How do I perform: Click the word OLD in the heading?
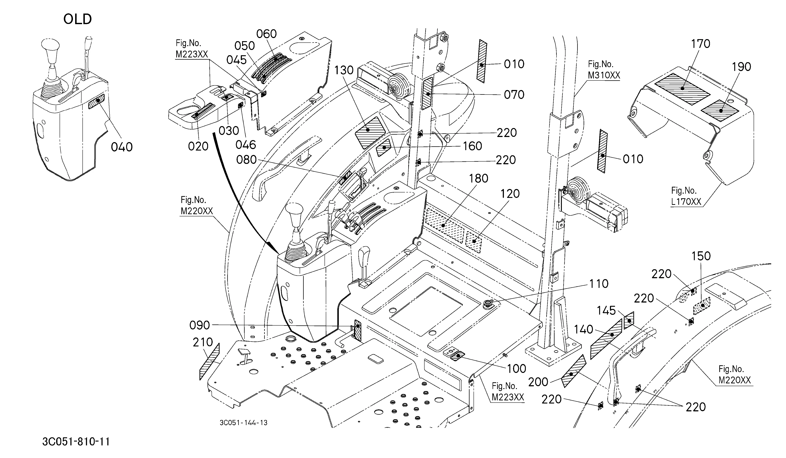coord(78,19)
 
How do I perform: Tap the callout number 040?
coord(122,147)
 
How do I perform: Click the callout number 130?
coord(344,70)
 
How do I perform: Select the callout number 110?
coord(599,284)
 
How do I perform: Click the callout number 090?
coord(200,325)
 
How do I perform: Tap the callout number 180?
coord(479,179)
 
